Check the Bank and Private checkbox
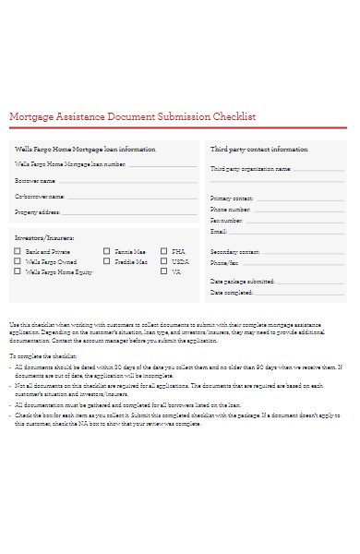click(x=18, y=251)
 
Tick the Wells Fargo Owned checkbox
click(x=18, y=262)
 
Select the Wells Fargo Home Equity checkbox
click(x=18, y=272)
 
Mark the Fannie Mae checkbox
click(x=107, y=251)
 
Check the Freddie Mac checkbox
click(x=107, y=262)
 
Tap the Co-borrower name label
click(x=40, y=196)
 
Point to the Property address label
click(x=38, y=212)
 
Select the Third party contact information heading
click(x=258, y=149)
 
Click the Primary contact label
click(x=232, y=199)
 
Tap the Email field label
click(x=219, y=232)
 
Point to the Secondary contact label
click(x=234, y=252)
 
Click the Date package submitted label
click(x=242, y=281)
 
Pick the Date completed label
click(x=232, y=293)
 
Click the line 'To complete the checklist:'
click(x=42, y=355)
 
